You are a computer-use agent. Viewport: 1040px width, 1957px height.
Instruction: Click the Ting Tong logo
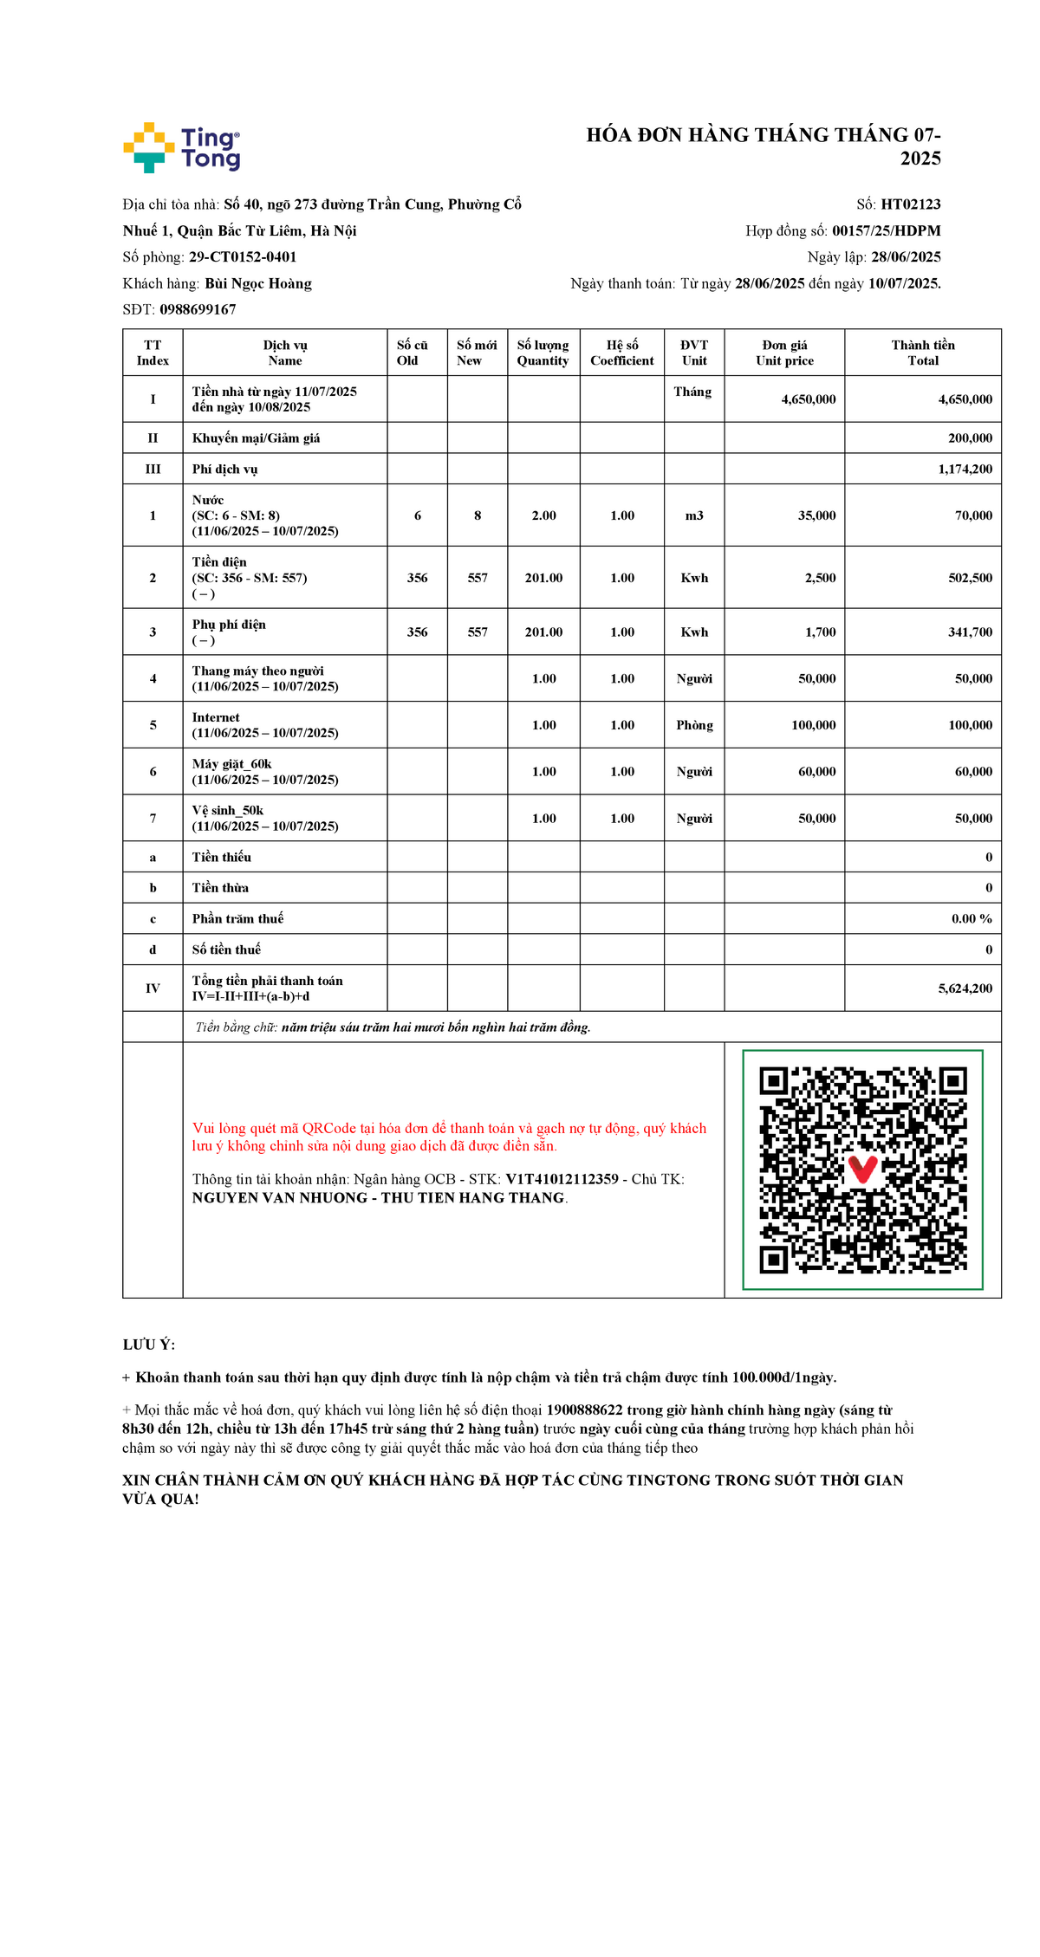click(x=182, y=147)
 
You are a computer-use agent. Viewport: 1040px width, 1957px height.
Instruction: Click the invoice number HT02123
click(x=910, y=204)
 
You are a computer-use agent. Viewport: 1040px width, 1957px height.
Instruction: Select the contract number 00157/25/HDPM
click(x=886, y=230)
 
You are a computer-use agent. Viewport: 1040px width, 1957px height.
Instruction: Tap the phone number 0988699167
click(x=198, y=309)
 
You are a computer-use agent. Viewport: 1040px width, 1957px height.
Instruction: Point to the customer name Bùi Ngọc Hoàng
click(x=258, y=283)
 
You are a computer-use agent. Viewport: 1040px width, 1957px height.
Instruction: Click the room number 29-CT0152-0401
click(x=243, y=257)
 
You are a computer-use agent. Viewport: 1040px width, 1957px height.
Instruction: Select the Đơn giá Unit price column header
click(x=784, y=353)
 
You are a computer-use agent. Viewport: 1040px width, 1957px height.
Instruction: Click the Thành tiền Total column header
click(x=923, y=353)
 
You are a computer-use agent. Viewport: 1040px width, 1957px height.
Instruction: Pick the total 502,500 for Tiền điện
click(x=970, y=578)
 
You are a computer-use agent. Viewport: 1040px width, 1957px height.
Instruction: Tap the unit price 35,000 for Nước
click(x=816, y=515)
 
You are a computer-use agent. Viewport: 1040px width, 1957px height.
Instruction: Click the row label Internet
click(x=216, y=717)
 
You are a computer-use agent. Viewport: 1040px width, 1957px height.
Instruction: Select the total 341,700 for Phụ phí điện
click(x=970, y=632)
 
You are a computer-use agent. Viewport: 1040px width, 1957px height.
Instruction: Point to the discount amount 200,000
click(x=970, y=438)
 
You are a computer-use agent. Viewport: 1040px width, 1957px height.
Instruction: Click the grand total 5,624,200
click(x=965, y=988)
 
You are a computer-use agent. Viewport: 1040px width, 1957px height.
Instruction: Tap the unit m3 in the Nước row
click(x=694, y=515)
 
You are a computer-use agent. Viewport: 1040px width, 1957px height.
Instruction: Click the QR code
click(x=862, y=1170)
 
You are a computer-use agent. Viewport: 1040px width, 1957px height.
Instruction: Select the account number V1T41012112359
click(x=562, y=1179)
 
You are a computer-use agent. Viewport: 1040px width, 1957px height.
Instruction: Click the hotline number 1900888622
click(x=584, y=1410)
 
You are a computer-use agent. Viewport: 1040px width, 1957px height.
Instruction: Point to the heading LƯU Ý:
click(x=149, y=1345)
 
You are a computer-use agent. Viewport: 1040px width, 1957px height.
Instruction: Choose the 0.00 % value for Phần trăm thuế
click(x=972, y=918)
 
